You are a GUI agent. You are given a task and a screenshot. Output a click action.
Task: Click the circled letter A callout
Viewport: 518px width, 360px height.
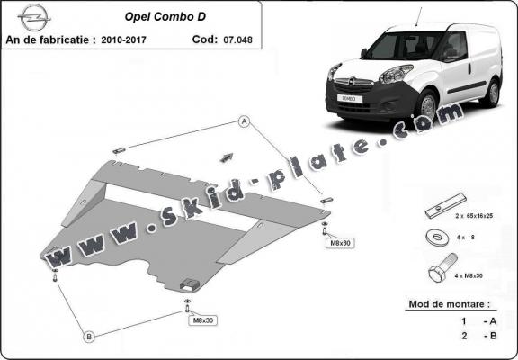[243, 121]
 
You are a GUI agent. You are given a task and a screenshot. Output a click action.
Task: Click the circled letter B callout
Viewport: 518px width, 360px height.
[89, 337]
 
